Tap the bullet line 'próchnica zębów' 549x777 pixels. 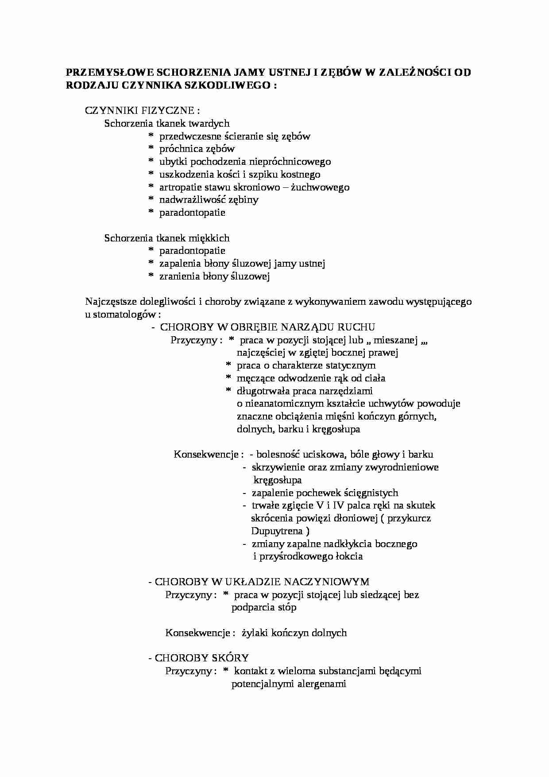point(197,149)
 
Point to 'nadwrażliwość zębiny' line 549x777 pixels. point(209,200)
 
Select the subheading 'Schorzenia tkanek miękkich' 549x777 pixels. point(167,238)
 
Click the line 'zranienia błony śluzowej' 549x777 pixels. point(215,276)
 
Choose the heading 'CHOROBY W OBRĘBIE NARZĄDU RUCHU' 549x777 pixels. point(267,327)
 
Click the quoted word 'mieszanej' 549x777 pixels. point(397,340)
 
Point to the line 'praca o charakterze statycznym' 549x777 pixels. point(306,365)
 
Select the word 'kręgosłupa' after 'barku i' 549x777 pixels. point(336,429)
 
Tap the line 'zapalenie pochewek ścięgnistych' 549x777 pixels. point(325,493)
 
